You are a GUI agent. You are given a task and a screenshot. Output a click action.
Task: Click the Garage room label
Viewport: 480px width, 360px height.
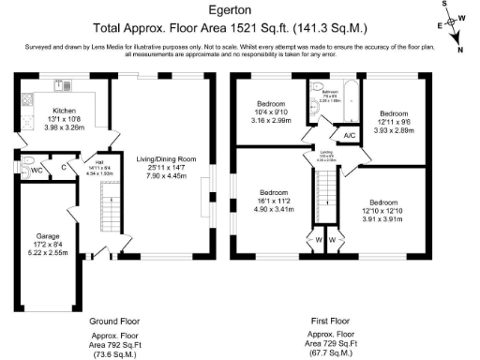48,235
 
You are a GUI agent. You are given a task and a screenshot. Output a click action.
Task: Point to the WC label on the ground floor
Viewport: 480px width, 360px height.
34,170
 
